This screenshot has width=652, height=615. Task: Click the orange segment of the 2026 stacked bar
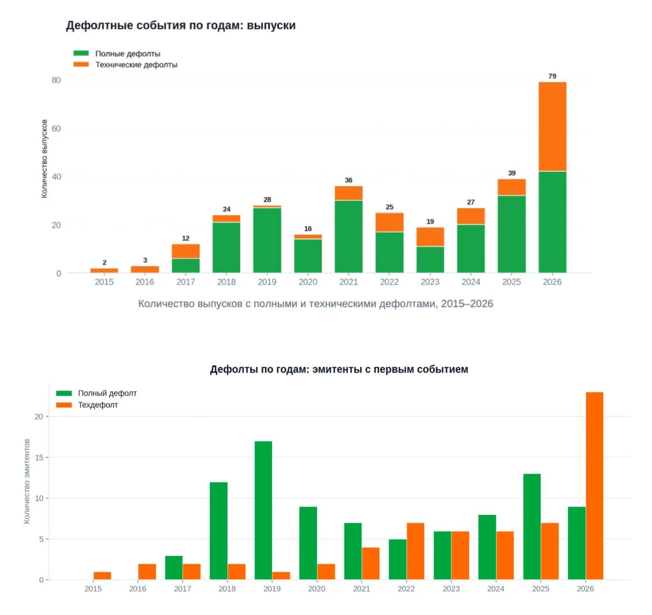point(552,127)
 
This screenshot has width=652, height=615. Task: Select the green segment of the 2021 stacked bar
point(349,236)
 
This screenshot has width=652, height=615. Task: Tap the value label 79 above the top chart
point(552,76)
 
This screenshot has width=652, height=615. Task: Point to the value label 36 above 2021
point(349,180)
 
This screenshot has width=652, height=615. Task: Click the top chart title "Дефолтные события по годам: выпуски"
point(181,25)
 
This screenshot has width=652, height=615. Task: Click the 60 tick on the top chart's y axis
point(56,129)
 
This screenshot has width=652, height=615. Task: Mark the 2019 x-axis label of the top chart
point(267,282)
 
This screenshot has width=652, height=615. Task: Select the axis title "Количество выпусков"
point(44,159)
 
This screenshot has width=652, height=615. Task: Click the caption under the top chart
point(315,303)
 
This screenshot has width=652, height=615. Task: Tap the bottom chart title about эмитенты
point(339,369)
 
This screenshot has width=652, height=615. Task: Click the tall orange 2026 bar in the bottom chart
point(594,486)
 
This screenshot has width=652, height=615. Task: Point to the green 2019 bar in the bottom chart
point(263,510)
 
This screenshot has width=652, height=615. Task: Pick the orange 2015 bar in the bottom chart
point(102,576)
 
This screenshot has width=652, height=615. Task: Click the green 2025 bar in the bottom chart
point(531,527)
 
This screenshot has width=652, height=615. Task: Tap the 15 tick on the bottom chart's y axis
point(39,457)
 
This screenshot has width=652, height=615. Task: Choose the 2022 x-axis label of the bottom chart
point(406,589)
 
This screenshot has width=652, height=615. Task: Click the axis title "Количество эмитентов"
point(27,481)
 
